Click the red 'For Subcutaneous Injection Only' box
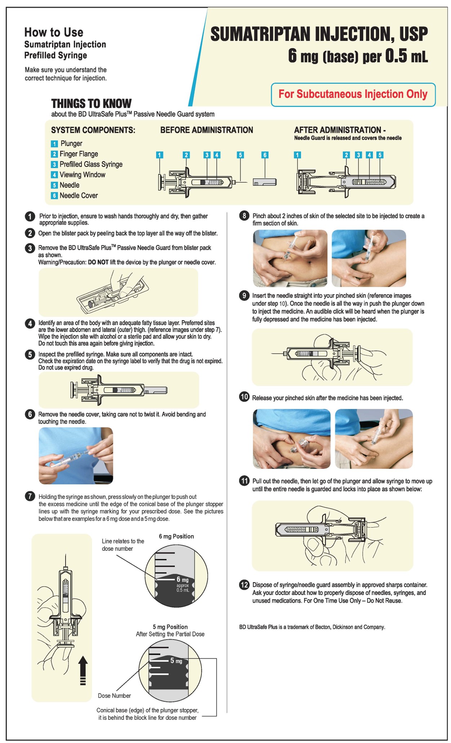(353, 94)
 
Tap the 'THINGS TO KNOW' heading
(91, 104)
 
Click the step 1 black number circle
(30, 216)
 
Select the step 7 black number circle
(30, 496)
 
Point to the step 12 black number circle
(244, 585)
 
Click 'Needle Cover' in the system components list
(79, 196)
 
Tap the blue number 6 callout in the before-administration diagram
(265, 155)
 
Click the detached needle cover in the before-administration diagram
(264, 182)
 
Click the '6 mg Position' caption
(176, 536)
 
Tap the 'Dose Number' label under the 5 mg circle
(114, 695)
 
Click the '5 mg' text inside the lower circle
(176, 661)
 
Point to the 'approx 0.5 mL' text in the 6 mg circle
(183, 588)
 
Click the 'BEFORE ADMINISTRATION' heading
(206, 130)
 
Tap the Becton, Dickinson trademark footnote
(312, 627)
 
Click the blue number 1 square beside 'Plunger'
(54, 144)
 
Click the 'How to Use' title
(54, 32)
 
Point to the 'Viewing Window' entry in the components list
(82, 175)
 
